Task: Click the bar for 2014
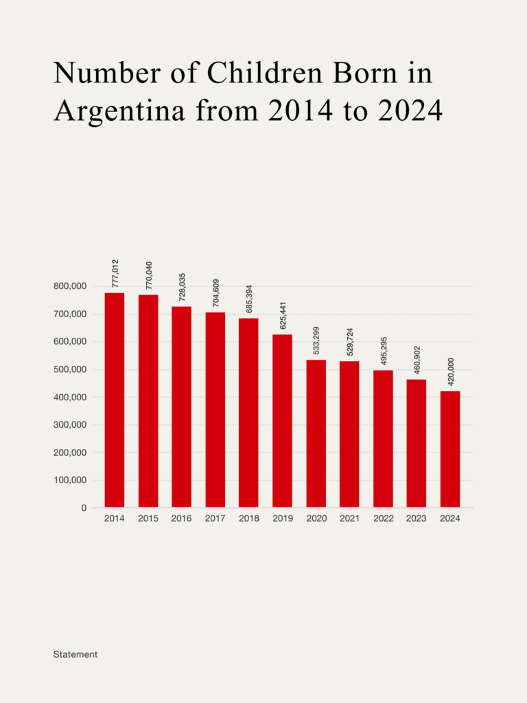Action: coord(115,400)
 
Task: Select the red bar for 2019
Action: coord(282,421)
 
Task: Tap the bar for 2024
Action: coord(449,450)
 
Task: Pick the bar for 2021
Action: coord(349,435)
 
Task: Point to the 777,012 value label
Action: coord(115,273)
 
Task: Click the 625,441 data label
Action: coord(283,315)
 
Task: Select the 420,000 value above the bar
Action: coord(450,372)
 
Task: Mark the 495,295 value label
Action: coord(384,351)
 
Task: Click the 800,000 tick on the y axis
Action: coord(69,286)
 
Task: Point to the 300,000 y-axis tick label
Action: coord(69,425)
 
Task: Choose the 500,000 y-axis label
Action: coord(69,369)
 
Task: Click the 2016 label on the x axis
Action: coord(181,519)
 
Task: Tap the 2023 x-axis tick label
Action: coord(417,519)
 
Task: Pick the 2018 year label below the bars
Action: coord(248,519)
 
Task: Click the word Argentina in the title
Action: coord(119,111)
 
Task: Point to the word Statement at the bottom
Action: coord(75,654)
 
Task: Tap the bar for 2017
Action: coord(215,410)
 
